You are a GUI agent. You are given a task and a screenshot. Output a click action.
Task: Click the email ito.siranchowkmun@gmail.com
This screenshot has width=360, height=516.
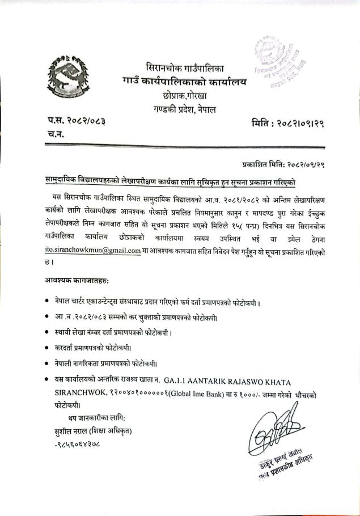coord(93,250)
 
